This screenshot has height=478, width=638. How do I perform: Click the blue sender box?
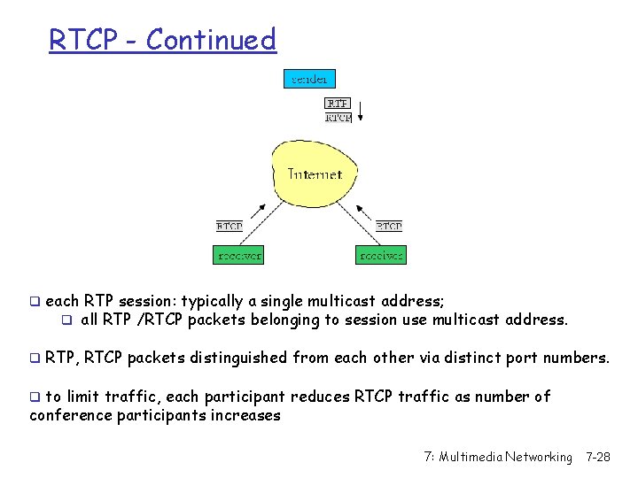tap(309, 79)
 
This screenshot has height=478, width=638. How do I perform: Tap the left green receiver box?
tap(239, 256)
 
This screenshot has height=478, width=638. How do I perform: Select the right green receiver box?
tap(380, 256)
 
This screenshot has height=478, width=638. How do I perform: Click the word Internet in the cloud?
tap(315, 174)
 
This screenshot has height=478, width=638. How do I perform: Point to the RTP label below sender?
tap(338, 103)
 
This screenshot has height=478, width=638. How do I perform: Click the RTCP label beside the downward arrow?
tap(338, 117)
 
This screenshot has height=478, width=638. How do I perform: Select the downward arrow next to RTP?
tap(361, 112)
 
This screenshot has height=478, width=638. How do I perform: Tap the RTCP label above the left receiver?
tap(230, 227)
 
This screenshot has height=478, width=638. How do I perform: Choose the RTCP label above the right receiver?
tap(388, 227)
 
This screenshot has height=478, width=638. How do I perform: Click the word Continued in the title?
tap(211, 40)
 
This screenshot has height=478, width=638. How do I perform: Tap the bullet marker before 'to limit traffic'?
tap(35, 397)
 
